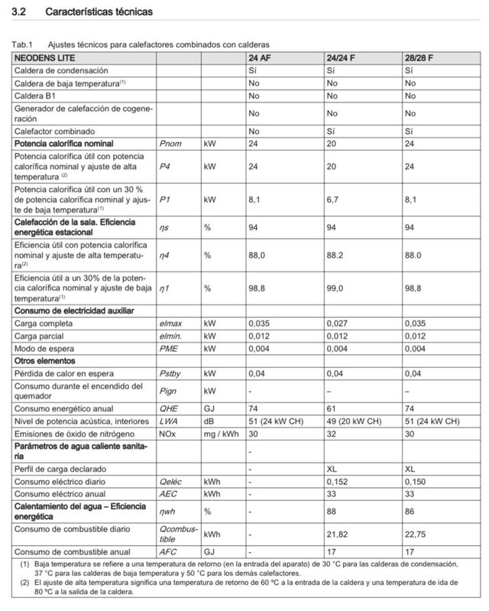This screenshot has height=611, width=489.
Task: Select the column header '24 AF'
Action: point(260,58)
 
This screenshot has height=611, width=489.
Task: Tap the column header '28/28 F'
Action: point(420,58)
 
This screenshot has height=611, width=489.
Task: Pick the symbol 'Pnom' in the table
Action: point(169,143)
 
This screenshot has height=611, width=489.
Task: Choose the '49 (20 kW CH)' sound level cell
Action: point(354,421)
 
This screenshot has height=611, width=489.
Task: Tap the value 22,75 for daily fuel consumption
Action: point(417,534)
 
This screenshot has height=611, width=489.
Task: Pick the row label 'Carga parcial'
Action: point(40,336)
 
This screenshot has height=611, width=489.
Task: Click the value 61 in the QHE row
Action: point(332,408)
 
